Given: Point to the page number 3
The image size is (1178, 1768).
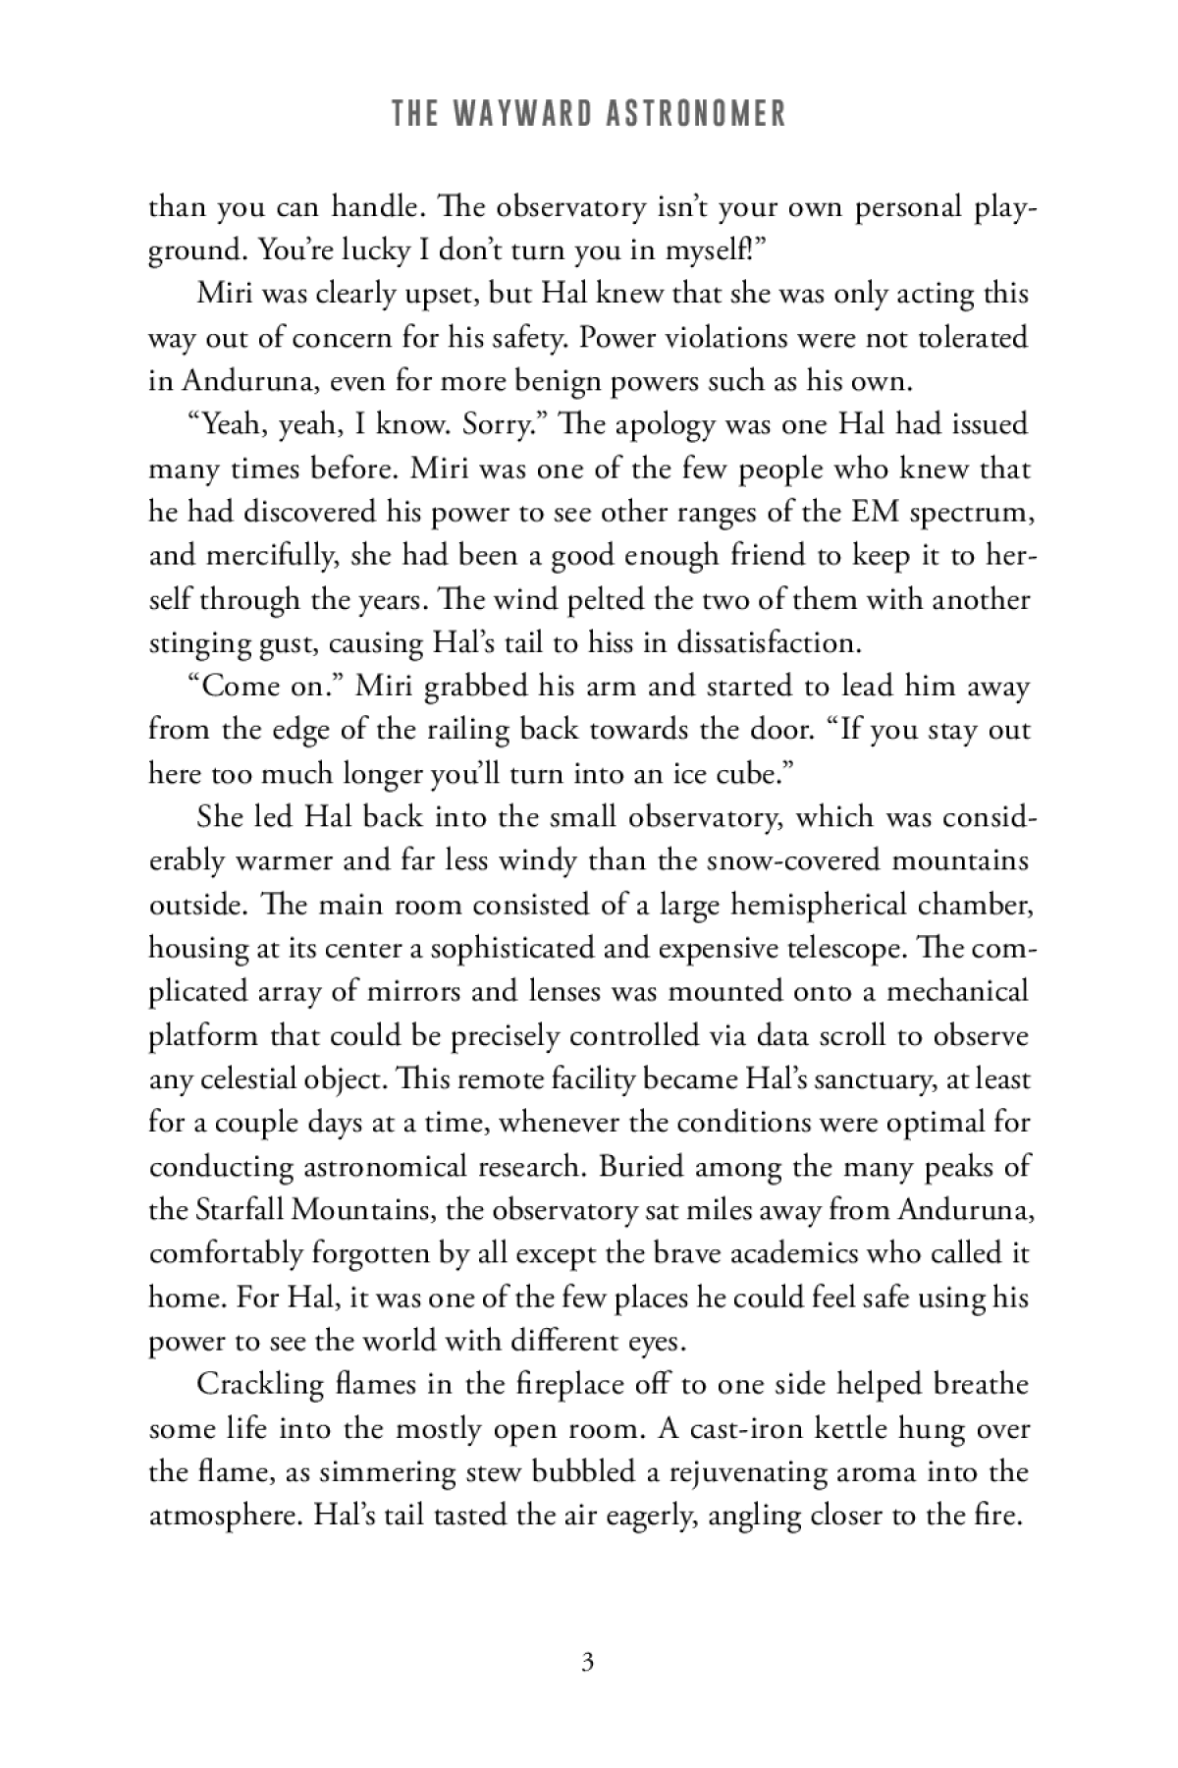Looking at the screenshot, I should click(x=588, y=1663).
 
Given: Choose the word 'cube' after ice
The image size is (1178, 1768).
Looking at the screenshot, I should click(x=753, y=774).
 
